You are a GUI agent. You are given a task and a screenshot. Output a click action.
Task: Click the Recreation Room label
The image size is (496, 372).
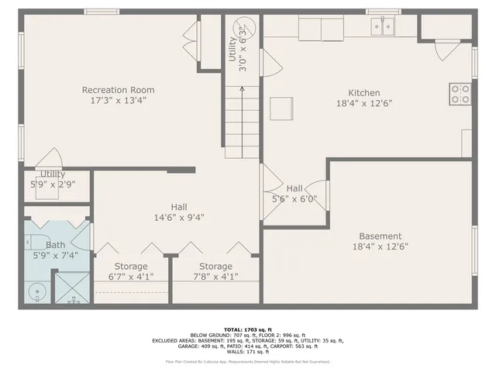tap(114, 90)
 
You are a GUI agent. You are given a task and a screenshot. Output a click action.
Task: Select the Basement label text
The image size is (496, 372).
tap(380, 236)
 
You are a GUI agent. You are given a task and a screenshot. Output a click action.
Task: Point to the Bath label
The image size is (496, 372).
tap(55, 244)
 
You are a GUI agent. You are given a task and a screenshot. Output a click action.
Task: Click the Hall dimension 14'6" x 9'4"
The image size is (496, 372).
tap(179, 218)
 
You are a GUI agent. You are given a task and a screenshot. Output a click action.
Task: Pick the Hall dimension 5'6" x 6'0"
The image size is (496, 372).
tap(294, 198)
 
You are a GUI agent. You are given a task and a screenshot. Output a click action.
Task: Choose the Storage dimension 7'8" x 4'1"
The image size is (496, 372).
tap(215, 276)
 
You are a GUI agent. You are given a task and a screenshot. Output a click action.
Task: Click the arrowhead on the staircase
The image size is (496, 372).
tap(241, 89)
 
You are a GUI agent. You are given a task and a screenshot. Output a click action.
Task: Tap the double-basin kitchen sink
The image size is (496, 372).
tap(382, 26)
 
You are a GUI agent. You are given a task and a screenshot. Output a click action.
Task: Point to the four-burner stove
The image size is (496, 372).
tap(460, 95)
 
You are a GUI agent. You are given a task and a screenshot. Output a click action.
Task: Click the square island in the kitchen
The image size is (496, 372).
tap(281, 108)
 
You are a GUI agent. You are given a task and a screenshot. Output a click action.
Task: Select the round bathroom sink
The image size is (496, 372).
tap(34, 291)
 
